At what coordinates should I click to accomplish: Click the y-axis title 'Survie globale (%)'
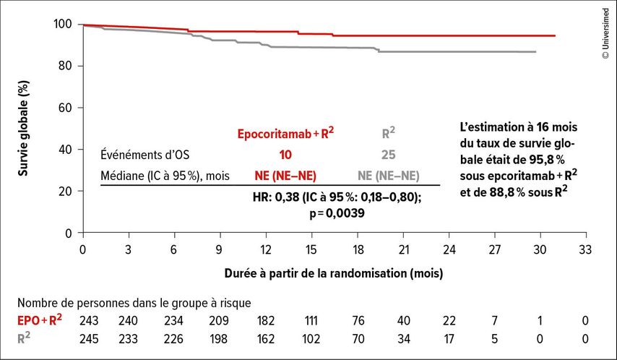pos(23,129)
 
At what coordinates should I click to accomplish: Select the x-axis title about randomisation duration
pos(334,273)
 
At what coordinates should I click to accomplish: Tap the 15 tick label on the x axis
pos(311,249)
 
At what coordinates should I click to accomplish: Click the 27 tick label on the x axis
pos(495,249)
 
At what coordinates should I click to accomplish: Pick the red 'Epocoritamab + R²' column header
pos(285,133)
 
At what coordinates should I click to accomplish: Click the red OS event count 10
pos(285,155)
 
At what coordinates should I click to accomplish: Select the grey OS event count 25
pos(389,155)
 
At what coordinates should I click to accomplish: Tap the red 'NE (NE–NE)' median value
pos(285,176)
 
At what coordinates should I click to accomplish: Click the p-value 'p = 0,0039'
pos(337,213)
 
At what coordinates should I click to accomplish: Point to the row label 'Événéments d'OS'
pos(144,155)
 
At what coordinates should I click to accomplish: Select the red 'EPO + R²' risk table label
pos(39,320)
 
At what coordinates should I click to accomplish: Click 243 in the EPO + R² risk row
pos(89,321)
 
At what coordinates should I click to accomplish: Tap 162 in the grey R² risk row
pos(266,339)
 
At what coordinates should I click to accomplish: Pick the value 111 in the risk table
pos(311,321)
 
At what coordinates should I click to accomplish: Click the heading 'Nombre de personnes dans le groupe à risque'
pos(134,303)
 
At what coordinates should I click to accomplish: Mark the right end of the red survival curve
pos(555,36)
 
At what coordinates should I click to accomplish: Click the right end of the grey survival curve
pos(535,51)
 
